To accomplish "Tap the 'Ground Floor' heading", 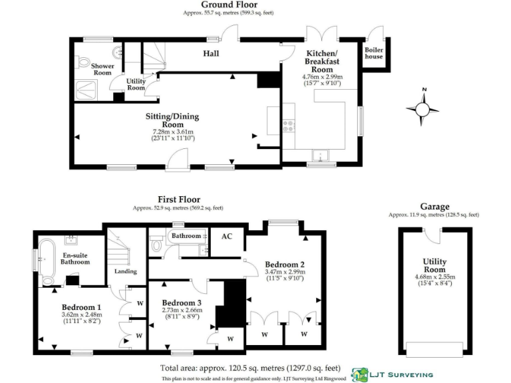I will [x=229, y=5].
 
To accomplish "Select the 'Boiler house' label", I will [x=373, y=53].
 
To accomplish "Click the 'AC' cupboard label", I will [x=227, y=236].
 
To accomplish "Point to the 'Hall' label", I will [x=212, y=53].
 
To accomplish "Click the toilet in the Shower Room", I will [x=83, y=62].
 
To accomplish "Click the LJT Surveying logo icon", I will [x=359, y=375].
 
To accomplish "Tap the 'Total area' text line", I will [x=250, y=368].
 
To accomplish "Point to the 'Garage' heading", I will [x=434, y=207].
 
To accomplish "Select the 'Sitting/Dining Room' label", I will [x=172, y=120].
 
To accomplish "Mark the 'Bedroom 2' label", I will [x=284, y=263].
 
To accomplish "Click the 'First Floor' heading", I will [x=178, y=199].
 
